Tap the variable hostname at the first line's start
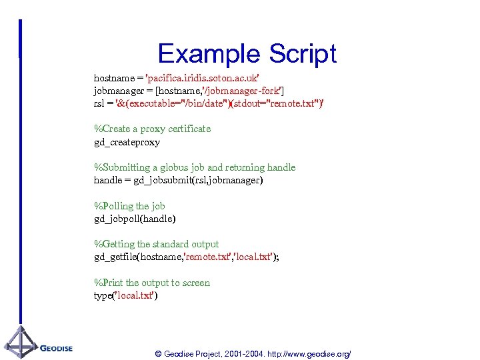click(113, 78)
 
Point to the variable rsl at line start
click(99, 103)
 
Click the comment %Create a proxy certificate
click(152, 129)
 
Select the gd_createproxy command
click(127, 142)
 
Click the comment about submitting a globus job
click(195, 167)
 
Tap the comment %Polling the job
click(129, 206)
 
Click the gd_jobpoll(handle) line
click(135, 219)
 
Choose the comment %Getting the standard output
click(156, 244)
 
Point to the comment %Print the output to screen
click(152, 283)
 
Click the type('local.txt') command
click(125, 295)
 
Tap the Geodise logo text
click(56, 348)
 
